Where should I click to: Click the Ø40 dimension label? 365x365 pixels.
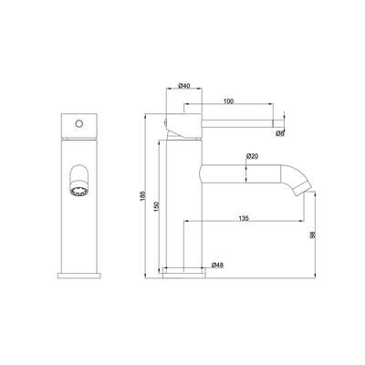pyautogui.click(x=183, y=87)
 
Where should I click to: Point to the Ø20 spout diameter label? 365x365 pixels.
pyautogui.click(x=253, y=156)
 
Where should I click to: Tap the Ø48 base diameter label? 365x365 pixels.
pyautogui.click(x=217, y=266)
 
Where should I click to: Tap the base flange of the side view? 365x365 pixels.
pyautogui.click(x=183, y=272)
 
